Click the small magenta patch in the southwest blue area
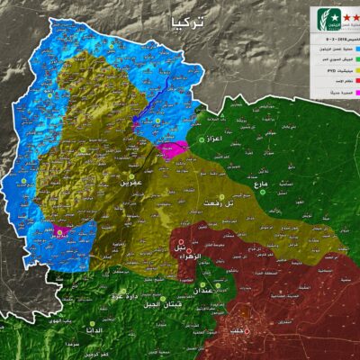pos(61,231)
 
